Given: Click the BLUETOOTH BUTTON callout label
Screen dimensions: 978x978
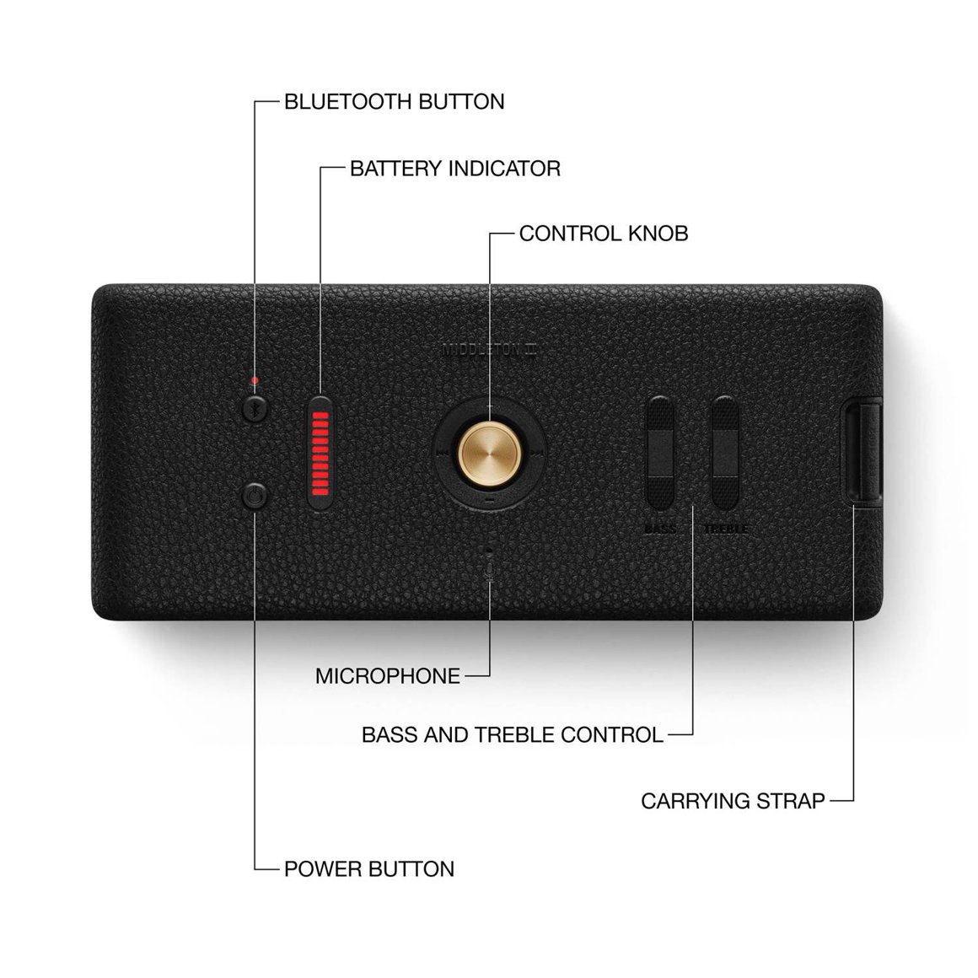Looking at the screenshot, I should pos(394,102).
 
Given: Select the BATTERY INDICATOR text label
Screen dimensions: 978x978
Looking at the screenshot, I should pos(454,169).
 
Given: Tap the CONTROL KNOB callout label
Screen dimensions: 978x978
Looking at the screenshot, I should pos(603,234).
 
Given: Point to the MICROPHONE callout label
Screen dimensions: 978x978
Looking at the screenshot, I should pos(388,676).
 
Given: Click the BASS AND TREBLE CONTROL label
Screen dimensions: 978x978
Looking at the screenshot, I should pos(512,735).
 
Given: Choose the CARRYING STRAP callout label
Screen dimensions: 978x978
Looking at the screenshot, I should pos(732,801).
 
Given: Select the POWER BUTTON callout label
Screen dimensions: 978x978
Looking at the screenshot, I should pos(368,869).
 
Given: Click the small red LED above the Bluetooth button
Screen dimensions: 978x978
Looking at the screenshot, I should pos(255,381).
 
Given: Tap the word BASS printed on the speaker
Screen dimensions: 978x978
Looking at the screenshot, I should pos(659,529).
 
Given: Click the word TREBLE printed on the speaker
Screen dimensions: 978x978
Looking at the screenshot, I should pos(725,529).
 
